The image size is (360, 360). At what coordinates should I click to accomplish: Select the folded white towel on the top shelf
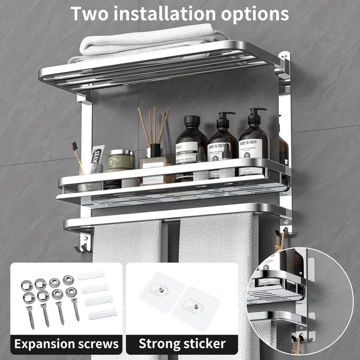(148, 41)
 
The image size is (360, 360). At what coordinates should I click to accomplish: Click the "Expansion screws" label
(66, 343)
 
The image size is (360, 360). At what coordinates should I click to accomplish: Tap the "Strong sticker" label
(182, 343)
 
